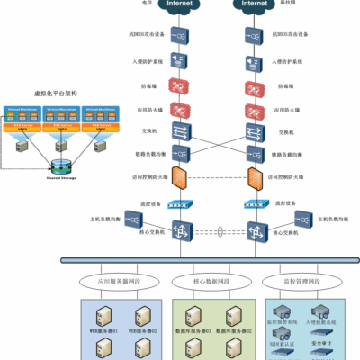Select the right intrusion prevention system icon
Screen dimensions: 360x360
click(252, 62)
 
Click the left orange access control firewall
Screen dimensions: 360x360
click(179, 177)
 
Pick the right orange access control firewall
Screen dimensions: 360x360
click(252, 177)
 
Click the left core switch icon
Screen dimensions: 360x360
click(179, 231)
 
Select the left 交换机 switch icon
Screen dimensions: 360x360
click(179, 131)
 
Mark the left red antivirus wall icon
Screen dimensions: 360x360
click(179, 86)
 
